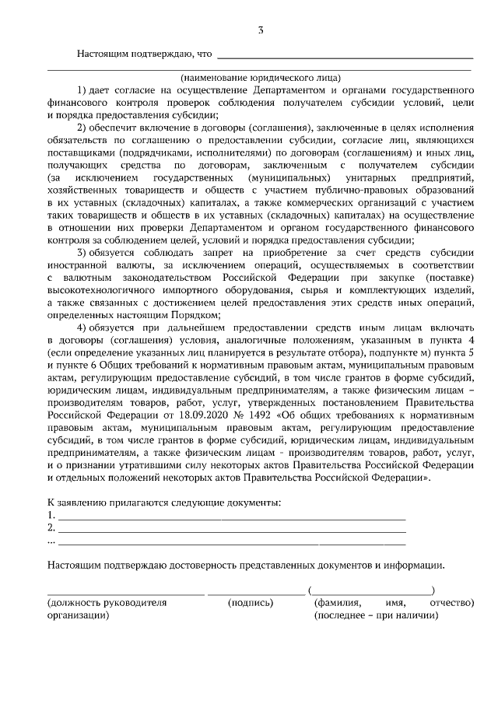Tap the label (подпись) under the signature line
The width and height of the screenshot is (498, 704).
251,602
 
